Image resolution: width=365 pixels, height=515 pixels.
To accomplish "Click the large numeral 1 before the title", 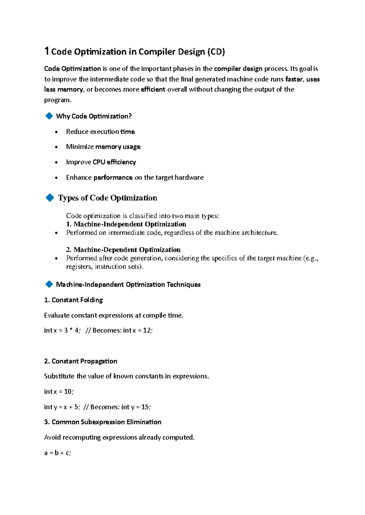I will (47, 51).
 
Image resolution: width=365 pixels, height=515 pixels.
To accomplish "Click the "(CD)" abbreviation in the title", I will (216, 52).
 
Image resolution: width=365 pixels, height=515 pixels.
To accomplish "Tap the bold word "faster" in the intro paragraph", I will (294, 79).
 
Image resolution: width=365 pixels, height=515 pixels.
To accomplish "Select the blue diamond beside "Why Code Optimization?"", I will (49, 116).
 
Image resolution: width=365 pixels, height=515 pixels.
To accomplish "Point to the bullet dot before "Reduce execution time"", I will (56, 132).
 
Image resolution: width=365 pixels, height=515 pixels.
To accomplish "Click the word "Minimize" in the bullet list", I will (80, 147).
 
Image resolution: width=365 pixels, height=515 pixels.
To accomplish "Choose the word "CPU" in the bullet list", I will (99, 162).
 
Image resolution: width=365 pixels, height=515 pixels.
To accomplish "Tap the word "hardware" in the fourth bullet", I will (189, 177).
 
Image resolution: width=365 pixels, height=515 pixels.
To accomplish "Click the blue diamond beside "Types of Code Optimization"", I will (50, 198).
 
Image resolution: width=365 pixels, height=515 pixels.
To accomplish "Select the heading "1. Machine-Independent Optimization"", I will (126, 224).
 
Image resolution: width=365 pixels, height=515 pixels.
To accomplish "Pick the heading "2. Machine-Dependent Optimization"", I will (123, 250).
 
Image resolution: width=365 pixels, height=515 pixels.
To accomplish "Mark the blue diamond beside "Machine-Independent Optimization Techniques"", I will (49, 284).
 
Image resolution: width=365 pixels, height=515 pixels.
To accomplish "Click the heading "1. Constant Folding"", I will (73, 300).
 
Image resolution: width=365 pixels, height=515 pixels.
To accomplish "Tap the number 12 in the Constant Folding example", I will (147, 330).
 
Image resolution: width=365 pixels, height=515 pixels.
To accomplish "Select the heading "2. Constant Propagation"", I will (81, 361).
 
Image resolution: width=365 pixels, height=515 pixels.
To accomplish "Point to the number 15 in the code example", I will (145, 407).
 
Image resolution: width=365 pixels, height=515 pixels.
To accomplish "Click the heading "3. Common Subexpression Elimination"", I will (103, 422).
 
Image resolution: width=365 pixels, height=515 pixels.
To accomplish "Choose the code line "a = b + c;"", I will (57, 453).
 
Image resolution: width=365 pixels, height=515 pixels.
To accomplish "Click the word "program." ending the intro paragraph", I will (57, 100).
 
